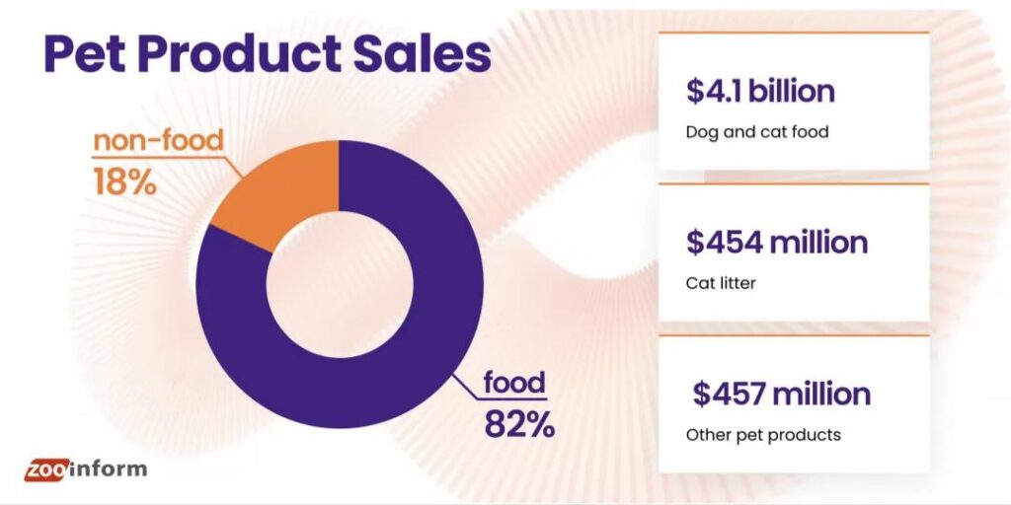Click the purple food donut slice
[x=395, y=335]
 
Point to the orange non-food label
[x=158, y=141]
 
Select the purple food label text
[x=513, y=382]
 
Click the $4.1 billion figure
[x=760, y=92]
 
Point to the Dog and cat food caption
[x=757, y=132]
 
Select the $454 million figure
[x=777, y=243]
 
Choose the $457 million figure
[x=781, y=394]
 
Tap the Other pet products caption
[x=763, y=434]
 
